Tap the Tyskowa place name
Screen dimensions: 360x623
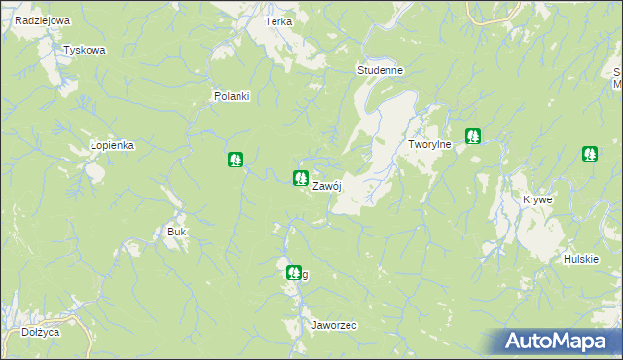pos(83,50)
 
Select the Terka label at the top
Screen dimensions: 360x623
pos(279,20)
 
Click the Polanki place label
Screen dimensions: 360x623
pos(233,96)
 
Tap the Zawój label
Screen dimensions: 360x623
pos(324,185)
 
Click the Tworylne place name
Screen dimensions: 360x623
pos(428,143)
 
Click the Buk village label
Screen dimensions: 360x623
pos(176,232)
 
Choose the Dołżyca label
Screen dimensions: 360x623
pos(40,332)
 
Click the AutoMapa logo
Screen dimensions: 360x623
pos(554,342)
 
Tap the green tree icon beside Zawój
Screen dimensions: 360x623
pos(300,177)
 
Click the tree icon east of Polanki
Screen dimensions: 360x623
pos(235,159)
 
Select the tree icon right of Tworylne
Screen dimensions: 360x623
pos(473,137)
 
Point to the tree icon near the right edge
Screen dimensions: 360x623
pos(589,153)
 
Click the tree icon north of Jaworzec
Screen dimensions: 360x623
pos(292,273)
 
